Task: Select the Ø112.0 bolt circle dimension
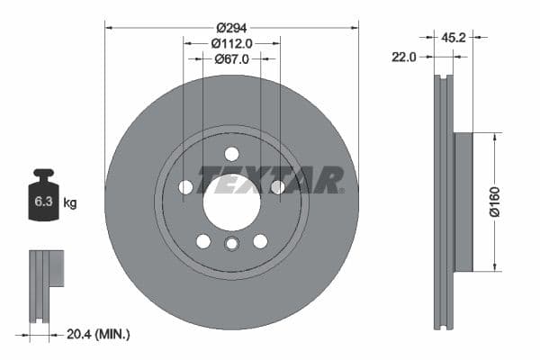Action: pyautogui.click(x=231, y=43)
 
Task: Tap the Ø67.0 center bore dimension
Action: pyautogui.click(x=231, y=60)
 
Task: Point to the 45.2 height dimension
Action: pyautogui.click(x=453, y=38)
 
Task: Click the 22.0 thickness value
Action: pyautogui.click(x=405, y=57)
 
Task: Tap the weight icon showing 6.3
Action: pyautogui.click(x=41, y=201)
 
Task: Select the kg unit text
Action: pyautogui.click(x=69, y=202)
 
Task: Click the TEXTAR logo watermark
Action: pyautogui.click(x=270, y=180)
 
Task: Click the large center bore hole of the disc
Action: pyautogui.click(x=231, y=200)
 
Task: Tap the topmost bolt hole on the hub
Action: pyautogui.click(x=231, y=153)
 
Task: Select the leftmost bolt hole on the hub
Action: pyautogui.click(x=186, y=187)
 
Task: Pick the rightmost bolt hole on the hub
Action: pyautogui.click(x=277, y=187)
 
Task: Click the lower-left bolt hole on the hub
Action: pyautogui.click(x=203, y=240)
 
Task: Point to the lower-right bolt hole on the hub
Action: pyautogui.click(x=260, y=240)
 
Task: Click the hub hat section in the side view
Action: pyautogui.click(x=463, y=202)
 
